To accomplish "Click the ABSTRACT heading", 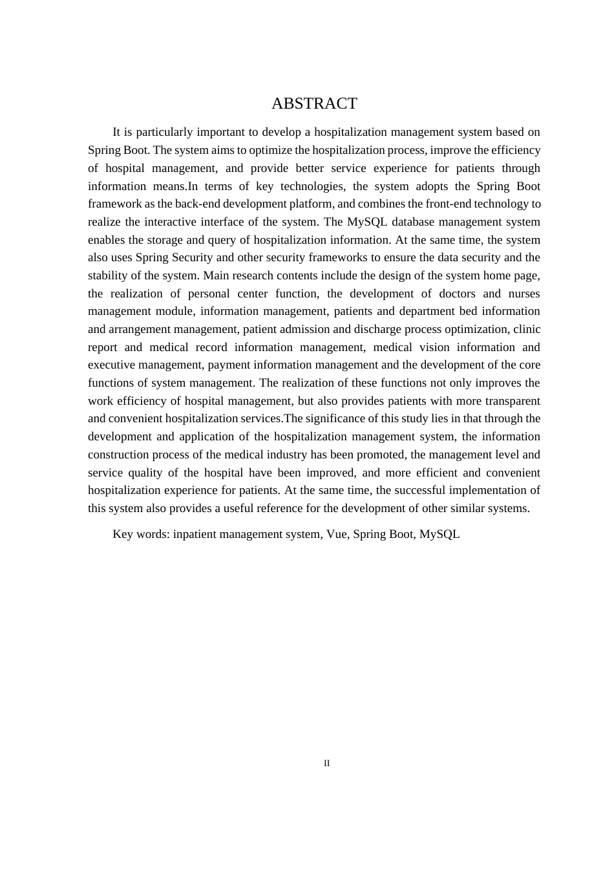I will tap(314, 103).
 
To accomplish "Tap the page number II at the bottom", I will tap(326, 764).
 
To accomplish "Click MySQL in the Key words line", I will tap(439, 534).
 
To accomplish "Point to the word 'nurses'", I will tap(524, 294).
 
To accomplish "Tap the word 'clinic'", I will tap(527, 329).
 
